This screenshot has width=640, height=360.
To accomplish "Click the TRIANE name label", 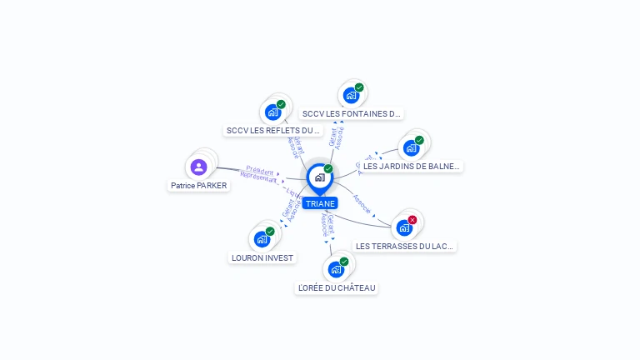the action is [x=320, y=203].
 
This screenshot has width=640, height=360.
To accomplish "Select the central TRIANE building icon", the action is [x=319, y=177].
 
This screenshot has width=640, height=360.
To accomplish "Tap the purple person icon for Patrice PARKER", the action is [x=198, y=167].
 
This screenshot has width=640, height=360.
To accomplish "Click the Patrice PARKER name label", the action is [x=198, y=186].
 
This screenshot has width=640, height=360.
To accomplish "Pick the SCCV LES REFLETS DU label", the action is [x=272, y=130].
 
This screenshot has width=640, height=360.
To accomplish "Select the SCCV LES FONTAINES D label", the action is [x=352, y=113].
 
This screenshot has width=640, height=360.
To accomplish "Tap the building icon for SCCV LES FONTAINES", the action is [x=351, y=95].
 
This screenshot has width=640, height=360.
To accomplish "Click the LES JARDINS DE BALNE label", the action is [x=411, y=166].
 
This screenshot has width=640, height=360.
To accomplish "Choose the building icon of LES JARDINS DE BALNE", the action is [x=411, y=148].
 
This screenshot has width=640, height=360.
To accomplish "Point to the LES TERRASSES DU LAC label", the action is [x=405, y=246].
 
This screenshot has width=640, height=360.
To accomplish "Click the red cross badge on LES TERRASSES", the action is [x=412, y=220].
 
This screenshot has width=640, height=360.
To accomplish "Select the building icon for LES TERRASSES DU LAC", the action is [x=404, y=227].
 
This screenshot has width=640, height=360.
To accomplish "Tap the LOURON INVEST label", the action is [x=262, y=257].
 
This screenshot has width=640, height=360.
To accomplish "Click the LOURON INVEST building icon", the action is [x=262, y=239].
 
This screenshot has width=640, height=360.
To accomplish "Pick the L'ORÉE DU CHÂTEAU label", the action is [x=337, y=287].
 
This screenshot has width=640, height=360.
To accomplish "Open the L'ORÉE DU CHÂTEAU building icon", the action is [x=336, y=269].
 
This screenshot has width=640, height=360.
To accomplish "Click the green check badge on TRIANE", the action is [x=328, y=168].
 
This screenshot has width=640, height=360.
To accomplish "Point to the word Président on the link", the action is [x=260, y=170].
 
